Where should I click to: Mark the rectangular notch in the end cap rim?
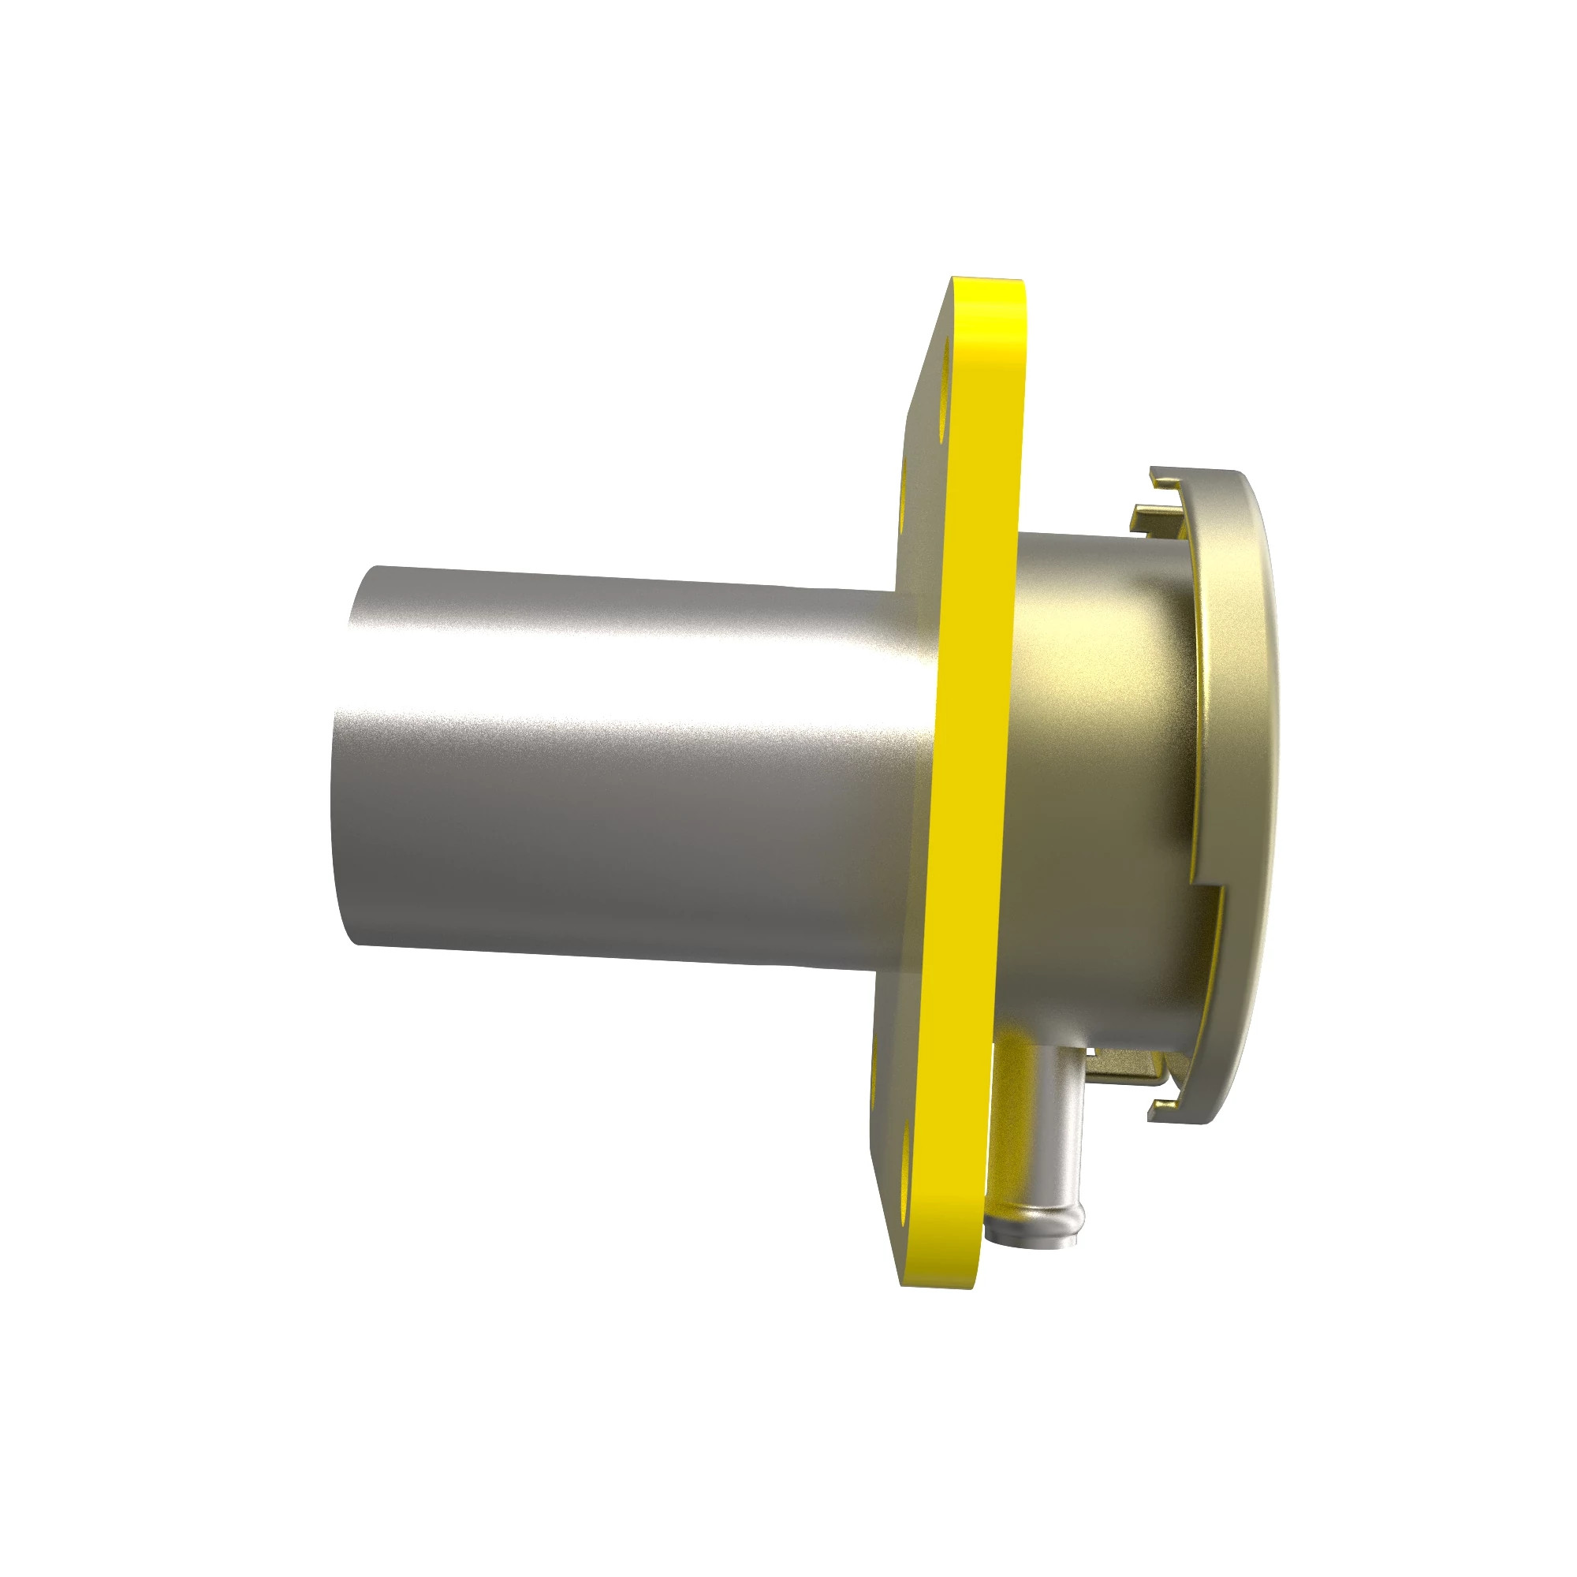pos(1210,889)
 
